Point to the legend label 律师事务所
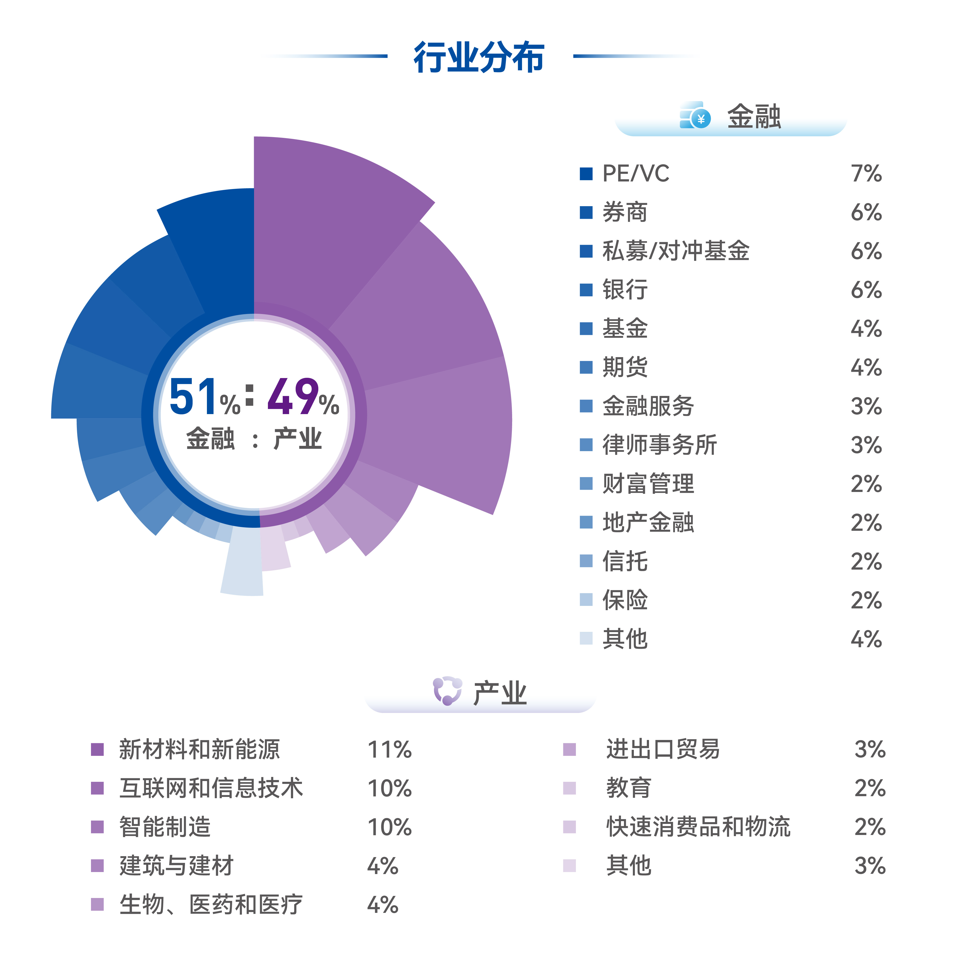point(659,445)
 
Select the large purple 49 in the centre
point(292,397)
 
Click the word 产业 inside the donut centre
point(297,439)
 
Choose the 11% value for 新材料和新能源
point(389,750)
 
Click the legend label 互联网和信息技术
point(211,788)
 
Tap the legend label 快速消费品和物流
point(698,827)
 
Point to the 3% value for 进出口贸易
point(870,750)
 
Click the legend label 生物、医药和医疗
point(211,905)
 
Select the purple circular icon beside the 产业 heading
point(447,690)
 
